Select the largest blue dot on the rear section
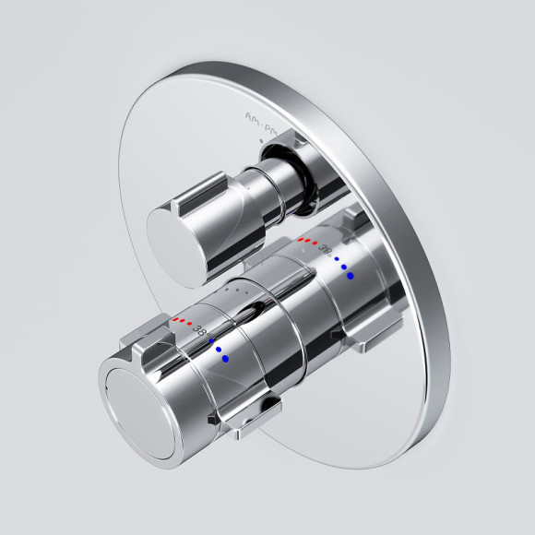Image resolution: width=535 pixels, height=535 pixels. pyautogui.click(x=351, y=275)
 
